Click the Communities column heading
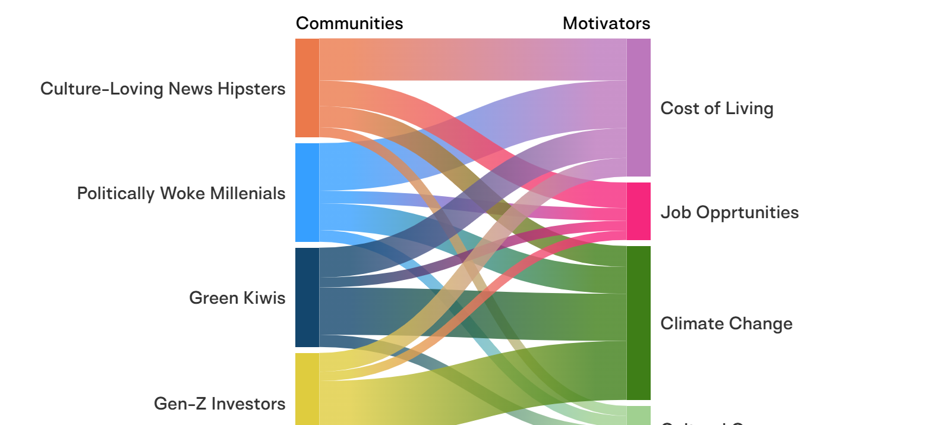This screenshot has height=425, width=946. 349,23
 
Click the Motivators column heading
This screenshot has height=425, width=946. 606,23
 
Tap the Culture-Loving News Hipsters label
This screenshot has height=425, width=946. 163,89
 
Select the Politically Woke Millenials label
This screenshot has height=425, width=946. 181,193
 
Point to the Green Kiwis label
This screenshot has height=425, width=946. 237,298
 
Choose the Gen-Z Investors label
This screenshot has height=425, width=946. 220,404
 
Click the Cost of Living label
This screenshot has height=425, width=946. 717,108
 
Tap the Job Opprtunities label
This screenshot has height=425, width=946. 730,212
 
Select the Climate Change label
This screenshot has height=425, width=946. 726,323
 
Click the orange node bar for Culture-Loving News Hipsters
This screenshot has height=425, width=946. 307,88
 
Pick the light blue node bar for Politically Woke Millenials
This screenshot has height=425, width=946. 307,193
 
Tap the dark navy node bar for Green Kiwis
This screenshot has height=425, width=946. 307,297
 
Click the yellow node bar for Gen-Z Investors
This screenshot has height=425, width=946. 307,389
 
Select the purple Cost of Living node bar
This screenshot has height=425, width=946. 638,108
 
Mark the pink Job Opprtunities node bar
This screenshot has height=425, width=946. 638,212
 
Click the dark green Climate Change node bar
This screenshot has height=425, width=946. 638,323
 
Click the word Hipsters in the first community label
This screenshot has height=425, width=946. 251,89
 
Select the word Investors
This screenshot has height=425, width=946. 248,404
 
